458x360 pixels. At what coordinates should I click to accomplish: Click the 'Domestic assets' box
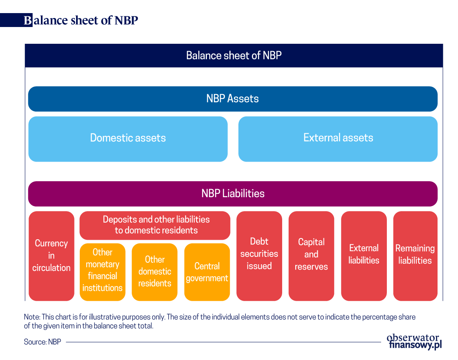coord(128,139)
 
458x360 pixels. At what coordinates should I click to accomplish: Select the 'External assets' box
coord(338,139)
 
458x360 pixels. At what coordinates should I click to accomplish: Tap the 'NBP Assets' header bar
coord(233,99)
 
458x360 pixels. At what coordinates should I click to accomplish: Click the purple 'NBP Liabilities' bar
coord(233,194)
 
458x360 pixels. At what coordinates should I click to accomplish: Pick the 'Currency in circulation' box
coord(52,256)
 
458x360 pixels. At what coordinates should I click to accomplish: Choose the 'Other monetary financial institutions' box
coord(103,272)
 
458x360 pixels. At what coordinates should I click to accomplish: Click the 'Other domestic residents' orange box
coord(155,272)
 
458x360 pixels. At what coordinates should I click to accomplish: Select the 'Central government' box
coord(207,272)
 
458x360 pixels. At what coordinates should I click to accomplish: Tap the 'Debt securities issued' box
coord(259,256)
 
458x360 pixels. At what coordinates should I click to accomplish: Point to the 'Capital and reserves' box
coord(311,256)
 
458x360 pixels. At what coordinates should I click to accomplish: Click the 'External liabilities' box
coord(364,256)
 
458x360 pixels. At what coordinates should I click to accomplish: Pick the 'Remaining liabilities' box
coord(415,256)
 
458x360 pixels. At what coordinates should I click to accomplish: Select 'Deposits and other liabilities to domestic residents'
coord(155,225)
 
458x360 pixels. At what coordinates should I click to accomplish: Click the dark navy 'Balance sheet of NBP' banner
coord(233,56)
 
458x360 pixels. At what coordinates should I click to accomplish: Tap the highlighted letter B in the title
coord(28,20)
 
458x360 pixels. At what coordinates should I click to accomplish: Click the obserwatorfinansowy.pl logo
coord(414,342)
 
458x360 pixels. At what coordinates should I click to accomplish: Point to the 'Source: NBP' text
coord(43,342)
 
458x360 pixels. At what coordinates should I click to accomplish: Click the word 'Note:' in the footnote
coord(32,317)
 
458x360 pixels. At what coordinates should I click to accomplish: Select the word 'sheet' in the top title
coord(84,20)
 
